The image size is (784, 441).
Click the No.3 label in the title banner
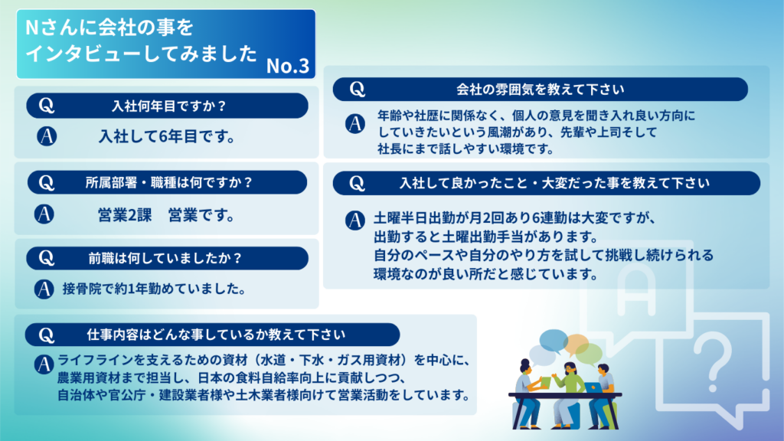[x=288, y=66]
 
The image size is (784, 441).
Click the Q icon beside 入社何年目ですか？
[x=47, y=106]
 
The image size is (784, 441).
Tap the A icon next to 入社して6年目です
[x=47, y=136]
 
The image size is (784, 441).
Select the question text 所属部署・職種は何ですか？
[x=169, y=182]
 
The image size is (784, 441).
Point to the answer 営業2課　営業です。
[x=166, y=215]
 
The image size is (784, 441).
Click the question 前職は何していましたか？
[x=165, y=258]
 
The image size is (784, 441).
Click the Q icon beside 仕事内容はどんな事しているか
[x=47, y=335]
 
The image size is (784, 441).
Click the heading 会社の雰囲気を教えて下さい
[x=540, y=90]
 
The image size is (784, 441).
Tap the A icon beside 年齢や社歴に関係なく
[x=355, y=123]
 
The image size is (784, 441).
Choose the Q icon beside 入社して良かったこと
[x=357, y=183]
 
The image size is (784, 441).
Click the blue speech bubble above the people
[x=553, y=341]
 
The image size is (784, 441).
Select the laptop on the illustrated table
[x=593, y=387]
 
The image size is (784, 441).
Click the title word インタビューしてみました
[x=141, y=54]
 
